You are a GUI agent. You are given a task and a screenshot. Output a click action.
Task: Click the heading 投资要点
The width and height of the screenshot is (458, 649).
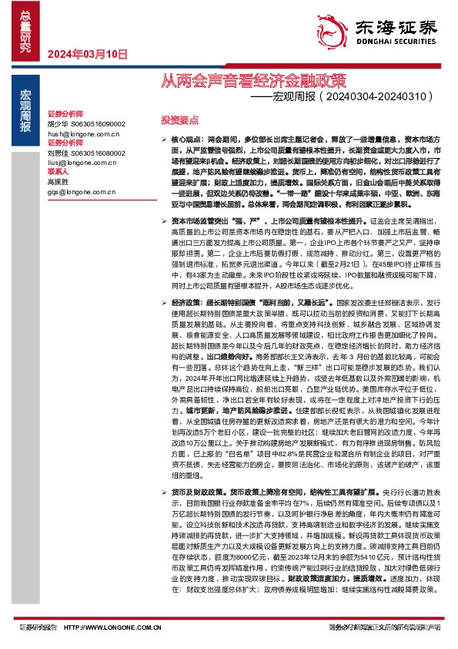(179, 121)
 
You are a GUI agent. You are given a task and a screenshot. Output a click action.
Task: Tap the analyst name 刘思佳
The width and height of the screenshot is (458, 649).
(57, 153)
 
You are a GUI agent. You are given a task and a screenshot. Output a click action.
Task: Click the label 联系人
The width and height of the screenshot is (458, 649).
(59, 172)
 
